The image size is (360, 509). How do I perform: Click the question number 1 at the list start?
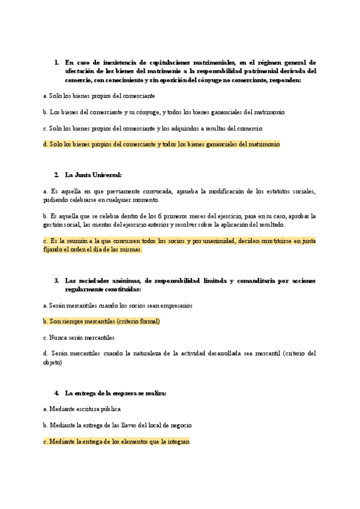[56, 62]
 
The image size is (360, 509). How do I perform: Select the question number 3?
[56, 280]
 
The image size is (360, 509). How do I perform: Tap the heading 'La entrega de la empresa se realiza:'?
[115, 393]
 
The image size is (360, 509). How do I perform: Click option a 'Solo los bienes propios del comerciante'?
[99, 96]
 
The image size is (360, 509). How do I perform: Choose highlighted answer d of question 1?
[161, 145]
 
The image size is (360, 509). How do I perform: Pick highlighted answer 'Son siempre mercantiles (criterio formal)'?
[101, 322]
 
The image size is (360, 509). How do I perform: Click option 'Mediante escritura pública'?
[82, 409]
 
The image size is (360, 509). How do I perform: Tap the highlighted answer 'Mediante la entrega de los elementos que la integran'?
[116, 442]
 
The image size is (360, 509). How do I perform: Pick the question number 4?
[56, 393]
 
